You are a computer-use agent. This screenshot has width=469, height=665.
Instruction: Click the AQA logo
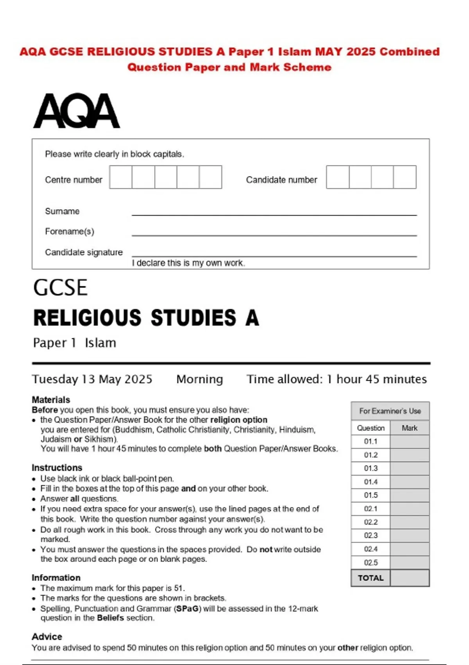[x=77, y=111]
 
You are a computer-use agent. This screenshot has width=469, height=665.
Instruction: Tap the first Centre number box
[x=121, y=177]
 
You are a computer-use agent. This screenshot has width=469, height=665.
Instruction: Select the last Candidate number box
[x=405, y=177]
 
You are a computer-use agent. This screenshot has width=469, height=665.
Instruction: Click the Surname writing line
[x=274, y=213]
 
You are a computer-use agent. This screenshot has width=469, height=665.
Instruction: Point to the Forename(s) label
[x=70, y=232]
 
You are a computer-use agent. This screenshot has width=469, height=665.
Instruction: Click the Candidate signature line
[x=274, y=255]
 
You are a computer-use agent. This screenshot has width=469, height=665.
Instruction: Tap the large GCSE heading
[x=61, y=288]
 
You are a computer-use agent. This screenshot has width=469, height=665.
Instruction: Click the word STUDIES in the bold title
[x=193, y=318]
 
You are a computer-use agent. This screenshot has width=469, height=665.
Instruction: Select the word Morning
[x=200, y=379]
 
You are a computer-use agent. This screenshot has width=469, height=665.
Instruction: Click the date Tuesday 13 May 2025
[x=92, y=379]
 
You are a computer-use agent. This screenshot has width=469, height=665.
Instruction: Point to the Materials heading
[x=51, y=400]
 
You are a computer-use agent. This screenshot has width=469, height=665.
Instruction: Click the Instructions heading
[x=57, y=467]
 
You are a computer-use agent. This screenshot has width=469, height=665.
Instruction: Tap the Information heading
[x=56, y=578]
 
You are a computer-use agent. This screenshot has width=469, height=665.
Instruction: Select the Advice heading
[x=47, y=636]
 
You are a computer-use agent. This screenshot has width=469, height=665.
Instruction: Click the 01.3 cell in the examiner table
[x=371, y=468]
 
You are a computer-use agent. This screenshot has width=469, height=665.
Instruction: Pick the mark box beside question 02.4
[x=410, y=549]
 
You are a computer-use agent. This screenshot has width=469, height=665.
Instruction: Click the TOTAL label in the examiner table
[x=371, y=578]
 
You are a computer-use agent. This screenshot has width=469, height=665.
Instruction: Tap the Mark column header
[x=410, y=428]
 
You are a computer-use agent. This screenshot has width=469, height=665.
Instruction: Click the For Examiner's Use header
[x=390, y=411]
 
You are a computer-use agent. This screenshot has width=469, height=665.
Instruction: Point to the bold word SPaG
[x=188, y=609]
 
